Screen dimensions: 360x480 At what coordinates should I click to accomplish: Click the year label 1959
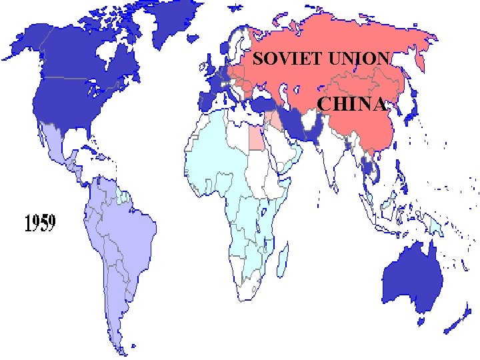pyautogui.click(x=40, y=223)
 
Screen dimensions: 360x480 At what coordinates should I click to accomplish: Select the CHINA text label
pyautogui.click(x=351, y=105)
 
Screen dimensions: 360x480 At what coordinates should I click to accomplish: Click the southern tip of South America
pyautogui.click(x=119, y=347)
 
